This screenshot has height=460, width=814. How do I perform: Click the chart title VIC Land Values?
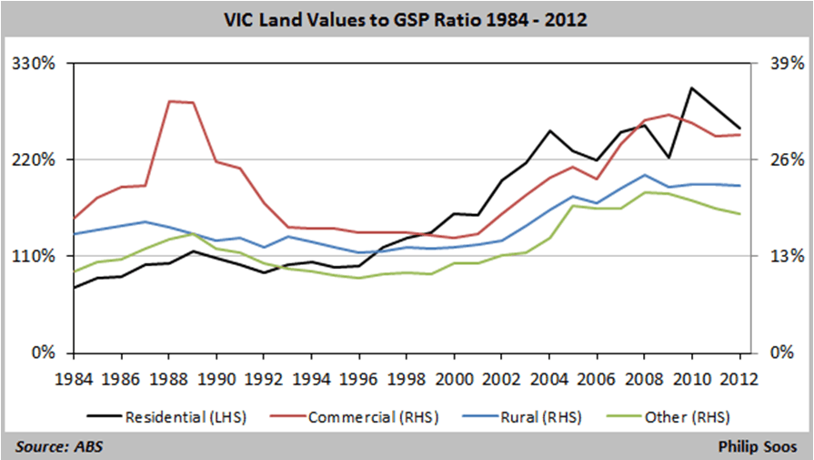pos(407,17)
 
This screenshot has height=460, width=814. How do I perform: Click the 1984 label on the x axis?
pos(75,377)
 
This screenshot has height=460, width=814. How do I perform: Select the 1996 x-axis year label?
pos(359,377)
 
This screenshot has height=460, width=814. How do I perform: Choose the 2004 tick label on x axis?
pos(548,377)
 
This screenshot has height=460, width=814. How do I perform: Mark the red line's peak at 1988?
pos(170,101)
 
